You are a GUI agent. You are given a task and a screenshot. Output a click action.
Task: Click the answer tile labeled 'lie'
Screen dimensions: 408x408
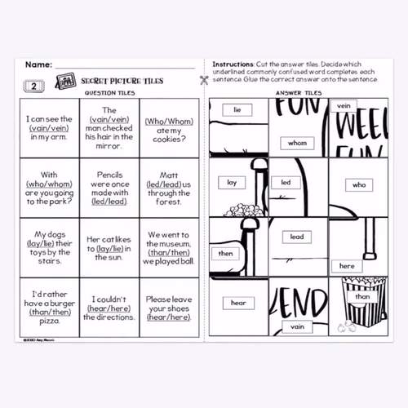pyautogui.click(x=237, y=109)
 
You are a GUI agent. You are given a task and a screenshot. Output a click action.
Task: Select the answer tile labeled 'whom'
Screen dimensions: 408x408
pyautogui.click(x=297, y=143)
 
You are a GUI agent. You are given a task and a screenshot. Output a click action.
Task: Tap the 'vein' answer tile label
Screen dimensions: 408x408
pyautogui.click(x=344, y=105)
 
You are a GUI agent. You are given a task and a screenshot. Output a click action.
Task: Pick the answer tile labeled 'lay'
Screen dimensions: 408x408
pyautogui.click(x=232, y=183)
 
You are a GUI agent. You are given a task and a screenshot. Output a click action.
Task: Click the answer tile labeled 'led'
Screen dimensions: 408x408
pyautogui.click(x=286, y=183)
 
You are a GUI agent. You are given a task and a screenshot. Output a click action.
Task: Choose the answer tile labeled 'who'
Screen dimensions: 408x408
pyautogui.click(x=359, y=185)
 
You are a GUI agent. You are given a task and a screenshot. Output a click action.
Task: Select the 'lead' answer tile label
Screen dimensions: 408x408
pyautogui.click(x=296, y=237)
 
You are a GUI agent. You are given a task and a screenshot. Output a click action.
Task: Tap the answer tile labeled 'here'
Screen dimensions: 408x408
pyautogui.click(x=347, y=266)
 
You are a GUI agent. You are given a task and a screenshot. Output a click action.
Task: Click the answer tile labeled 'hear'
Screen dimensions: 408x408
pyautogui.click(x=237, y=303)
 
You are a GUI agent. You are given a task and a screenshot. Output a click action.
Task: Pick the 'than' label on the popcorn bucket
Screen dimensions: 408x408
pyautogui.click(x=361, y=297)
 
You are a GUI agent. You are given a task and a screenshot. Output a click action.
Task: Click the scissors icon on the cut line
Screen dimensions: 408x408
pyautogui.click(x=203, y=80)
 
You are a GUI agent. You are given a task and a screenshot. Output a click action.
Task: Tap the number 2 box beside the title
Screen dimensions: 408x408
pyautogui.click(x=33, y=85)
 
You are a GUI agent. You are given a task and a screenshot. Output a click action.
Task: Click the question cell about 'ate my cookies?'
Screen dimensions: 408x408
pyautogui.click(x=168, y=126)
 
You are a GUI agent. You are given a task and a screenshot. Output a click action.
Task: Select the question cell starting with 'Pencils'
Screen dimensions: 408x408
pyautogui.click(x=109, y=187)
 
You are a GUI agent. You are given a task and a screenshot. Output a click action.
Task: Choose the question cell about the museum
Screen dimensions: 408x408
pyautogui.click(x=168, y=247)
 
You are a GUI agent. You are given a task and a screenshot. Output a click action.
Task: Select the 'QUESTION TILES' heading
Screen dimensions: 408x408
pyautogui.click(x=109, y=93)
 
